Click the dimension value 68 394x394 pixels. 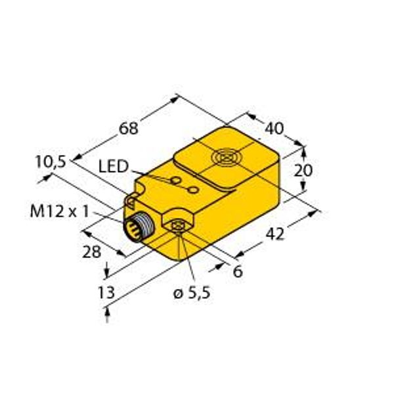pyautogui.click(x=129, y=128)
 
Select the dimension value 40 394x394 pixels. pyautogui.click(x=274, y=129)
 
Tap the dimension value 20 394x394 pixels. pyautogui.click(x=303, y=170)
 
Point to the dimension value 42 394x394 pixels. pyautogui.click(x=275, y=234)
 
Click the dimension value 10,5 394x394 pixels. pyautogui.click(x=51, y=162)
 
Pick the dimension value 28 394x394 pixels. pyautogui.click(x=91, y=252)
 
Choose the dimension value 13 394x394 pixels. pyautogui.click(x=106, y=292)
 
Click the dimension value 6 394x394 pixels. pyautogui.click(x=238, y=271)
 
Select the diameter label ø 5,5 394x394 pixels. pyautogui.click(x=192, y=293)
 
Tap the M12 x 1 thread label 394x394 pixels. pyautogui.click(x=60, y=211)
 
